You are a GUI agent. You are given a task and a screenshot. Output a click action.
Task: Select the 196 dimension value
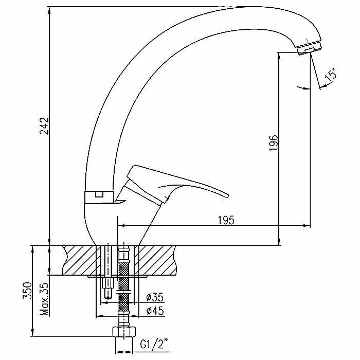click(274, 142)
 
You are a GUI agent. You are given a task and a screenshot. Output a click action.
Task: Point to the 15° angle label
click(332, 75)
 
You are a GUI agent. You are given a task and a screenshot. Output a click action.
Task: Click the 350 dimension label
click(29, 291)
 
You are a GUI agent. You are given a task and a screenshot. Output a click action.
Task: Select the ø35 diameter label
click(154, 298)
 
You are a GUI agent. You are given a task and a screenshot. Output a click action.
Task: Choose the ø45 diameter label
click(154, 311)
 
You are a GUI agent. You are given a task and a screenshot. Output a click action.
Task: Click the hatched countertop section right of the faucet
click(157, 260)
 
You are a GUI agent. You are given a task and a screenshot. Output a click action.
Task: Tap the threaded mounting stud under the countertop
click(108, 288)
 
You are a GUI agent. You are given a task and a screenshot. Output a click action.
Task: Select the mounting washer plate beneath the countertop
click(118, 276)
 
